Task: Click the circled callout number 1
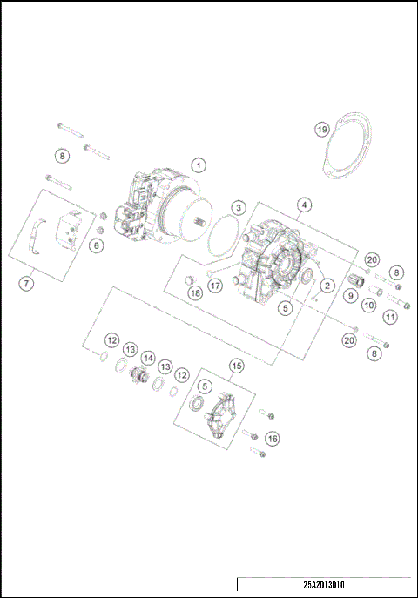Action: tap(199, 165)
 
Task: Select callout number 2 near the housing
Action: tap(327, 285)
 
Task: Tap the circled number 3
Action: tap(238, 207)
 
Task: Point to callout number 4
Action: tap(303, 206)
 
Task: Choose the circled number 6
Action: tap(97, 246)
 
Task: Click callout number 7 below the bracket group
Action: tap(27, 283)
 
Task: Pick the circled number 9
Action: tap(350, 295)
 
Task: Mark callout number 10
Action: tap(368, 306)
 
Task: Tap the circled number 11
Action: tap(391, 318)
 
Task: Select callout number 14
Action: tap(148, 357)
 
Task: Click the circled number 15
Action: tap(236, 366)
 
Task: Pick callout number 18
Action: tap(194, 293)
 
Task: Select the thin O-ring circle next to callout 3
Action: tap(227, 235)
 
